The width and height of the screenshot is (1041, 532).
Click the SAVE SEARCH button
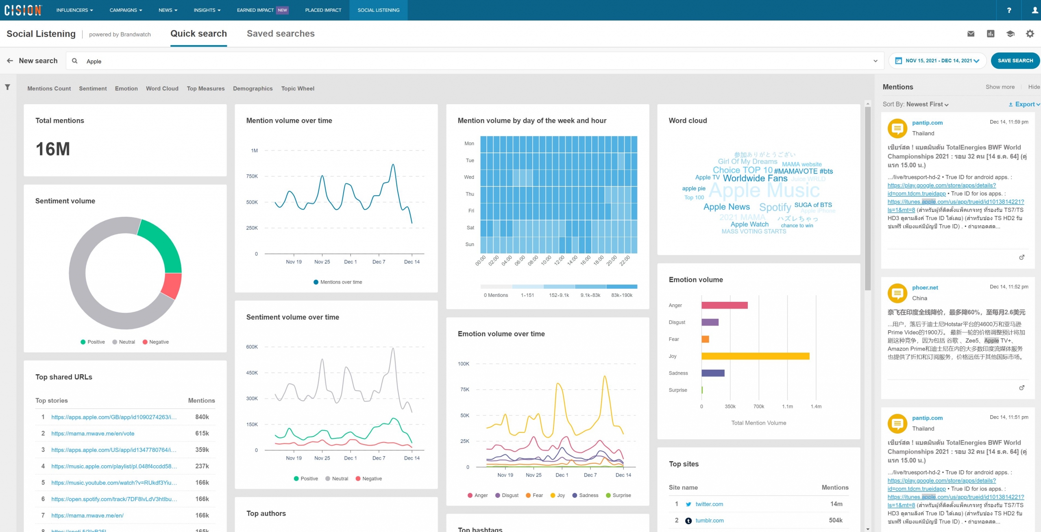(x=1015, y=61)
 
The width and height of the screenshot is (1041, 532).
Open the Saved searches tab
(x=281, y=34)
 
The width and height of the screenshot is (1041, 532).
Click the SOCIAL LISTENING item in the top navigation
(x=378, y=10)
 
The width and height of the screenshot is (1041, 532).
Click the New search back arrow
(x=10, y=61)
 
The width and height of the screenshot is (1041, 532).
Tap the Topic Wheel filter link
(x=298, y=89)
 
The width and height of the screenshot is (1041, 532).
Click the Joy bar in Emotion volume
(x=755, y=356)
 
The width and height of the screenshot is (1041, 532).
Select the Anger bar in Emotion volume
(x=724, y=305)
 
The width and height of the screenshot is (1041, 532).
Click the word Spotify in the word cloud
(x=775, y=207)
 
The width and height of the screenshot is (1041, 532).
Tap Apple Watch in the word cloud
(x=749, y=225)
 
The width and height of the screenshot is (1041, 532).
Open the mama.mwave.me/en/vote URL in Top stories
(x=93, y=434)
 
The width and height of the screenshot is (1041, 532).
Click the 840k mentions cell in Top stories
(x=202, y=417)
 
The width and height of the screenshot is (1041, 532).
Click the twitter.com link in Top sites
(x=709, y=504)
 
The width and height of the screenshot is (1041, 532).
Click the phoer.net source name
(x=925, y=288)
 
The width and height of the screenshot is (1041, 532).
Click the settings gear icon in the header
(x=1030, y=34)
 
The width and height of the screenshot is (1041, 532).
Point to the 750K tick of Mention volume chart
(x=252, y=177)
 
